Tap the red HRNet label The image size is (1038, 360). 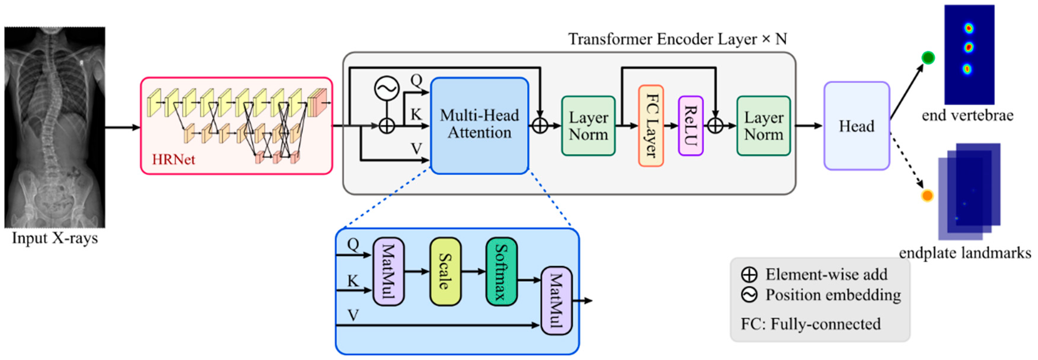(173, 160)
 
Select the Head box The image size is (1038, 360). (857, 126)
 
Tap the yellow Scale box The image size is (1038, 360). (445, 271)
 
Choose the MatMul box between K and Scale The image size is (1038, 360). (389, 271)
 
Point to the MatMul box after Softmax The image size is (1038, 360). (556, 300)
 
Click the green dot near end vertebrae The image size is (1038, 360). (928, 58)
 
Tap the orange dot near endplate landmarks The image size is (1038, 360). (927, 196)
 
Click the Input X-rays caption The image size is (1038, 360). (55, 238)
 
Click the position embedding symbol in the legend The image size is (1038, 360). (749, 295)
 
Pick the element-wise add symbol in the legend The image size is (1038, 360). (749, 275)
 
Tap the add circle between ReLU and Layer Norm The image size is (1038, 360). (715, 126)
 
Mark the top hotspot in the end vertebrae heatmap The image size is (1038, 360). (969, 28)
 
